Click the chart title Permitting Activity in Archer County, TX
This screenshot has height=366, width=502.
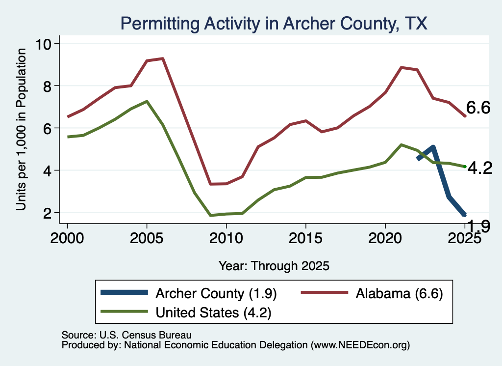pos(274,24)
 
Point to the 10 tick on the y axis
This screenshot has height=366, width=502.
pos(44,44)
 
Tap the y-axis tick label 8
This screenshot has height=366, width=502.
pos(48,86)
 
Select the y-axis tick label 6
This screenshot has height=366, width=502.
pos(48,128)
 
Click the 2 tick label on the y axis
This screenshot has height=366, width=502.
pos(48,213)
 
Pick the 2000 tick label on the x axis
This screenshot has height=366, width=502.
pos(67,238)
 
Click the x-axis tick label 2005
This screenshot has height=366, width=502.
pos(147,238)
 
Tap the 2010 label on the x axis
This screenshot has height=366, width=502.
pos(226,238)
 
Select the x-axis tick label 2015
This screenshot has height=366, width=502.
pos(306,238)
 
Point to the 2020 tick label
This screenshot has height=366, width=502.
pos(385,238)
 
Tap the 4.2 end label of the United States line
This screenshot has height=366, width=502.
pos(480,168)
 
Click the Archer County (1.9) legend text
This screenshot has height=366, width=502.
pos(216,293)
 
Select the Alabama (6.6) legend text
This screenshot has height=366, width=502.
pos(399,293)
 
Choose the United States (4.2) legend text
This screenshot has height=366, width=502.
pos(214,313)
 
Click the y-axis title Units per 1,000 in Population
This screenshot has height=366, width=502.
pos(21,129)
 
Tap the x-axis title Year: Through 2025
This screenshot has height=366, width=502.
pos(274,266)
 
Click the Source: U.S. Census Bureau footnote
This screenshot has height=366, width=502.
pos(126,335)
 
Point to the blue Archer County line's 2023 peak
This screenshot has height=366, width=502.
pos(433,147)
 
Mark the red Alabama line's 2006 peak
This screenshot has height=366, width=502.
pos(163,58)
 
